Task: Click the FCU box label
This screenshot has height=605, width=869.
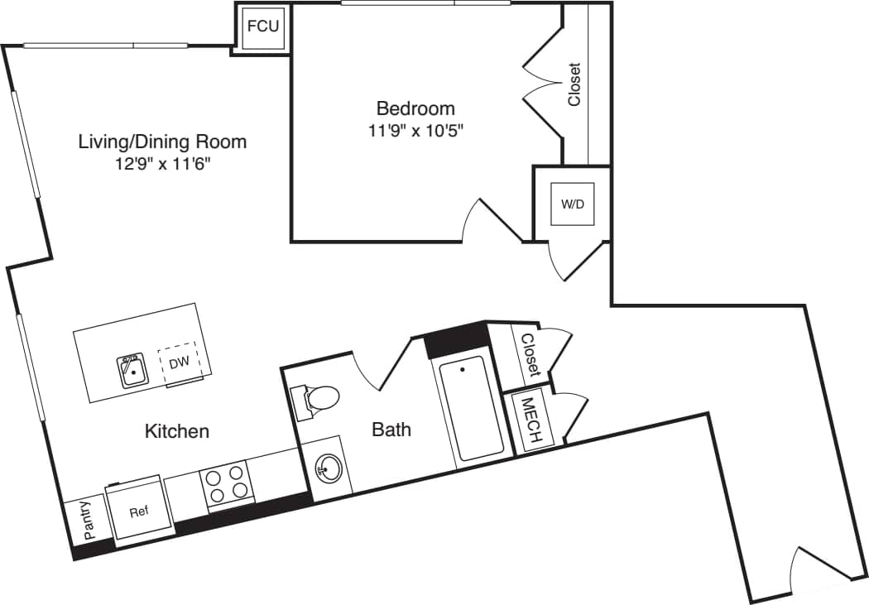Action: point(262,26)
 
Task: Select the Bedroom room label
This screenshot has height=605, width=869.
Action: point(415,108)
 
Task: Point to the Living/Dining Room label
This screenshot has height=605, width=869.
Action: point(162,142)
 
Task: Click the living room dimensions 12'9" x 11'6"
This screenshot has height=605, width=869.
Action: point(162,163)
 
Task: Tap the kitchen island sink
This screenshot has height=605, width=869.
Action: point(131,371)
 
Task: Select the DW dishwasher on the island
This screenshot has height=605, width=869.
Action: point(179,363)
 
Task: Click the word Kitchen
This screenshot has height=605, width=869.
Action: point(177,430)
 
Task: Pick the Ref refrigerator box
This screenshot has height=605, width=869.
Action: point(138,511)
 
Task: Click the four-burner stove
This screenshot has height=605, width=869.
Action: point(227,483)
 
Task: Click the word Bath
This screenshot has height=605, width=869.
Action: point(391,430)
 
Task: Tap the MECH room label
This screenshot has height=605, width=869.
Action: point(530,422)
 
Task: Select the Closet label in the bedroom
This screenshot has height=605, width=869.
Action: point(574,84)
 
